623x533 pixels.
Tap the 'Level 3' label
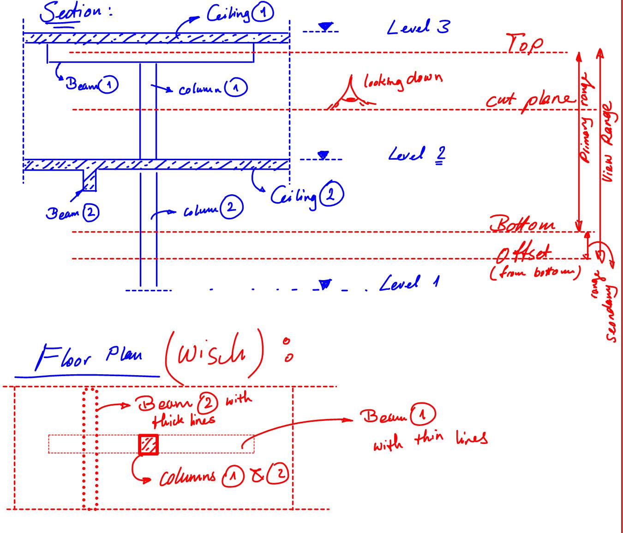click(418, 28)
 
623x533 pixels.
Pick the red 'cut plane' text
click(530, 99)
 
